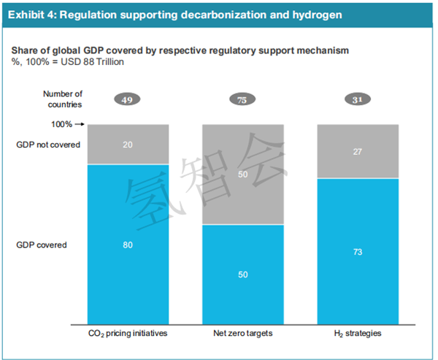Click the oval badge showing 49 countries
pos(127,100)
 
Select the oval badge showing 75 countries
pos(243,100)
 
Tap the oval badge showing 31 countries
pos(358,100)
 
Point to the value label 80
pos(127,245)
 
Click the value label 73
pos(358,251)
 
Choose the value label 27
pos(358,151)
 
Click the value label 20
pos(127,145)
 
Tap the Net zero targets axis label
pos(243,334)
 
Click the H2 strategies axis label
pos(358,334)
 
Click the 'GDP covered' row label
pos(42,245)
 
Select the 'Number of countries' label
pos(63,99)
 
